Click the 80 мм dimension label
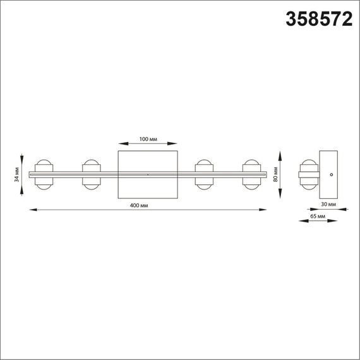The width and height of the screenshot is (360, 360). pos(276,174)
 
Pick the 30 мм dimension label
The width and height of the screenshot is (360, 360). pos(329,204)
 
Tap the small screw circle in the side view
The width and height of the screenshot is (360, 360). pos(333,173)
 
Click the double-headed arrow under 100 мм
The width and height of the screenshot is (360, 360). pos(148,145)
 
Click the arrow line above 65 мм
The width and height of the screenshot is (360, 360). pos(318,222)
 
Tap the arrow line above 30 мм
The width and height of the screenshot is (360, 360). pos(329,209)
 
